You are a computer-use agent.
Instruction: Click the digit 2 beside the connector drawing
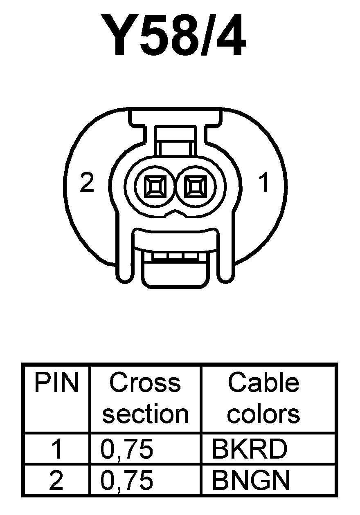(x=87, y=183)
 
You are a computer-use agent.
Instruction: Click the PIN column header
(x=56, y=383)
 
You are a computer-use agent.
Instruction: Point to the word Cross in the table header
(x=145, y=383)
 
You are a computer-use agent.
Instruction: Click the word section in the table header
(x=145, y=414)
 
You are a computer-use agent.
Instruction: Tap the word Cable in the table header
(x=264, y=383)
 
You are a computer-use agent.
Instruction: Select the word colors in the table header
(x=264, y=414)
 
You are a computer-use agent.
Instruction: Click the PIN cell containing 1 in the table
(x=56, y=449)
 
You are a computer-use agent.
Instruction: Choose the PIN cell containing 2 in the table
(x=56, y=481)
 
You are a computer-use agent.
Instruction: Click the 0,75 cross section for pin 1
(x=127, y=449)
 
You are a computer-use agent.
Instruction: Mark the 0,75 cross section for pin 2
(x=127, y=481)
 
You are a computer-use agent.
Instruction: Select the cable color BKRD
(x=250, y=449)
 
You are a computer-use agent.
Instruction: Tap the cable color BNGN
(x=251, y=481)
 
